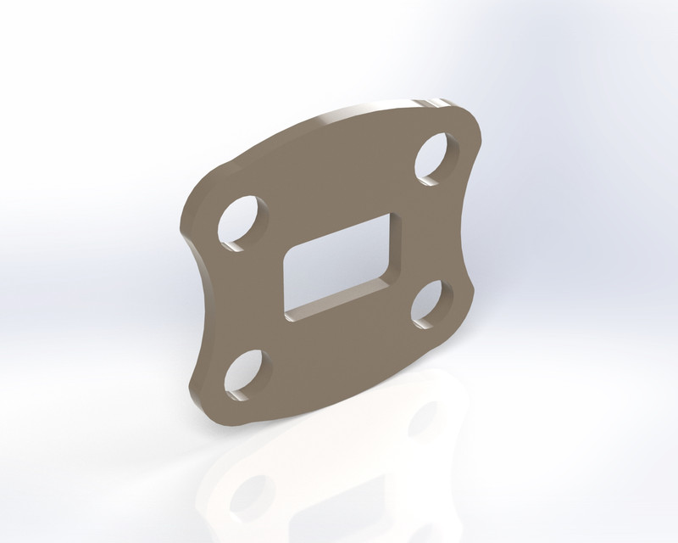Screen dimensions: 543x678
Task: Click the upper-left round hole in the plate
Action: [243, 222]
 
